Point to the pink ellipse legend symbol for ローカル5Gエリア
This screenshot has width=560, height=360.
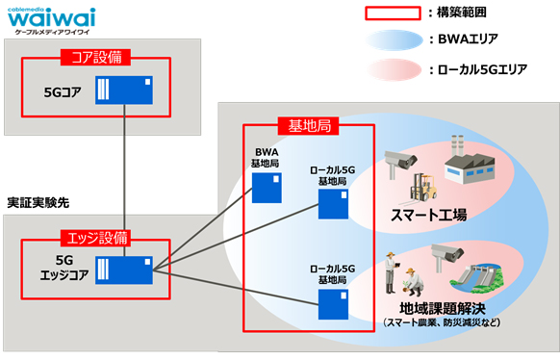[x=393, y=69]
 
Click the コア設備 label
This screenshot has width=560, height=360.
[x=95, y=57]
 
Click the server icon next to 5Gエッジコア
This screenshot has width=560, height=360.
[x=126, y=270]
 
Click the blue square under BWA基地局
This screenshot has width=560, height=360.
[x=266, y=189]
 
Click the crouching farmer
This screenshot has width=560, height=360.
[x=415, y=280]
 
